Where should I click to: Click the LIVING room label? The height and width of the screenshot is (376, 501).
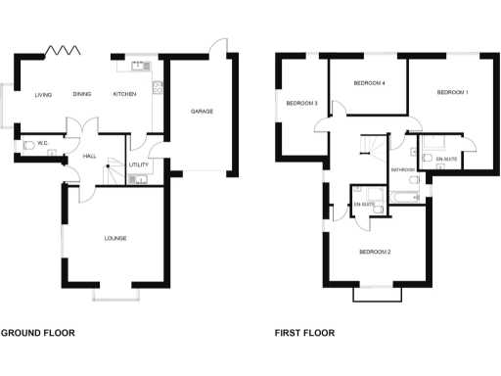43,95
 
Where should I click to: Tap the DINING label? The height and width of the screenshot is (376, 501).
82,95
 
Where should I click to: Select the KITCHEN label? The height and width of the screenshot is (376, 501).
124,95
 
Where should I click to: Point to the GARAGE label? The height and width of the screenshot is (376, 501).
202,111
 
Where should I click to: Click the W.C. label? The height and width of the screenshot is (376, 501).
43,143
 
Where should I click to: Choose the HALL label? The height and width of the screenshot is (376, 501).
89,157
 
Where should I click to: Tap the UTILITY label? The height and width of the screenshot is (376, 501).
138,165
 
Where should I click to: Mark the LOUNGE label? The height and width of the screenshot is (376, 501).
117,237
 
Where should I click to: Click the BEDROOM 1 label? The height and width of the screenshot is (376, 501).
452,92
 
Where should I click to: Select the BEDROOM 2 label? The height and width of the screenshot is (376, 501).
375,253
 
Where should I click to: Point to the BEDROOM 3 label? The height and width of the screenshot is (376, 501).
301,102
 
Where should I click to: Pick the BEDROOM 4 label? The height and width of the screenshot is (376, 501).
369,83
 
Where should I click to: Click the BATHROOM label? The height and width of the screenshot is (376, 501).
403,169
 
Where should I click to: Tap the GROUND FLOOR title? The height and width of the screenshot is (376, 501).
37,333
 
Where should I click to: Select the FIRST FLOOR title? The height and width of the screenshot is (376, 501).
304,333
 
